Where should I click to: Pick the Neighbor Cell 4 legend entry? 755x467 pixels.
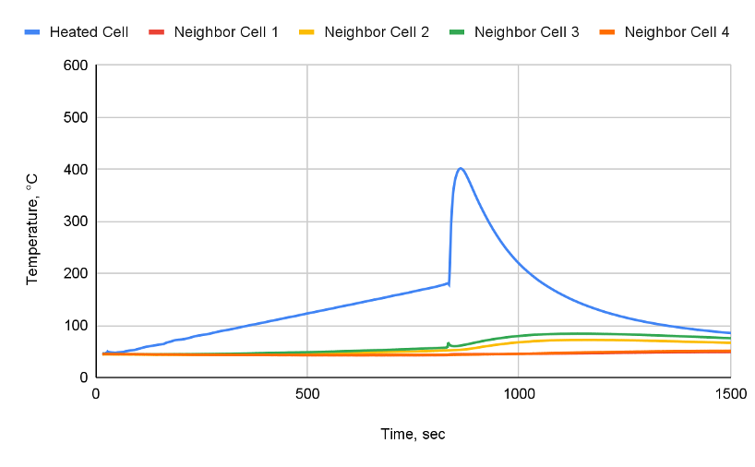point(677,32)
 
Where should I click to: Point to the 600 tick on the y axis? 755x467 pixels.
point(76,66)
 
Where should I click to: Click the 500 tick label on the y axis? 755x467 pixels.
point(76,118)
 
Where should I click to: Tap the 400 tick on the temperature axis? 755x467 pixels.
point(76,170)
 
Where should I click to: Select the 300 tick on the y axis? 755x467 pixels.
point(76,222)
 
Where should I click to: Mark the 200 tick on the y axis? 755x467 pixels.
point(76,274)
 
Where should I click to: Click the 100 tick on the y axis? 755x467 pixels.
point(76,326)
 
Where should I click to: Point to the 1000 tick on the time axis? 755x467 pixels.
point(519,392)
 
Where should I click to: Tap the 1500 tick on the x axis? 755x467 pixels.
point(729,392)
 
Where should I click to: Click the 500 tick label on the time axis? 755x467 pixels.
point(307,392)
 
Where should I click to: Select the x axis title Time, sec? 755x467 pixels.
point(413,433)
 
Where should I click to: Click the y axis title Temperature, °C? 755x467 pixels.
point(32,222)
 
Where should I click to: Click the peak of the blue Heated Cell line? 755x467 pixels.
point(461,168)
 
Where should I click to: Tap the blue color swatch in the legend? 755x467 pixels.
point(32,32)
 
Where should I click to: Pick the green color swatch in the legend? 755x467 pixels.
point(457,32)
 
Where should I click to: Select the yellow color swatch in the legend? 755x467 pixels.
point(307,32)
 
